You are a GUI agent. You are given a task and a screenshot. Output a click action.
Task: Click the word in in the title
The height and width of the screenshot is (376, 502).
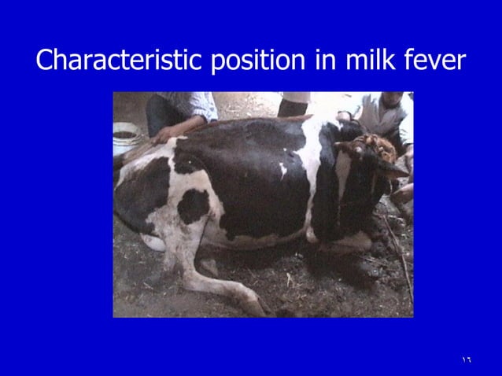coord(326,60)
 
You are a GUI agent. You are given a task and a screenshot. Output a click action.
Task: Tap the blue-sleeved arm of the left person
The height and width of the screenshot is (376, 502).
coord(193,106)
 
